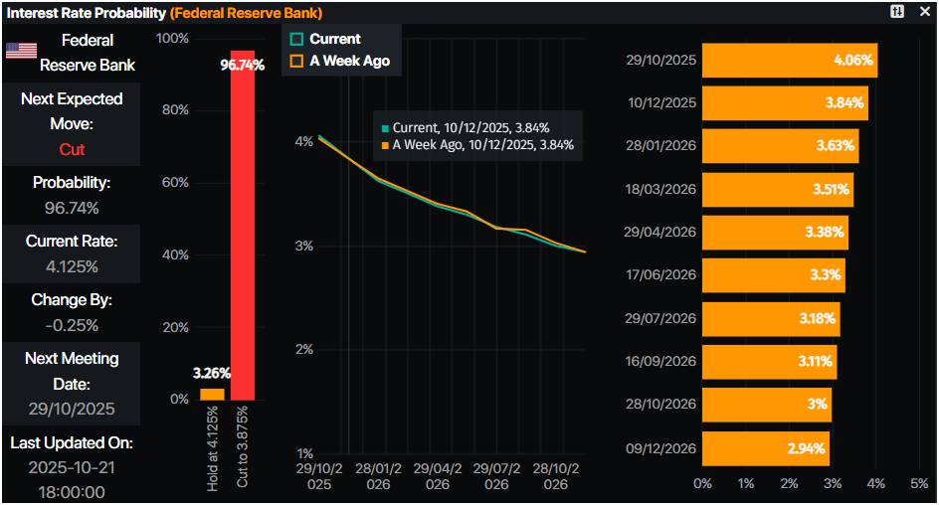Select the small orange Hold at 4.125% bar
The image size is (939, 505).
pos(212,395)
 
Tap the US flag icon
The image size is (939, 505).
pos(21,51)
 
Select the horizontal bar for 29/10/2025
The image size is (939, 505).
pos(790,60)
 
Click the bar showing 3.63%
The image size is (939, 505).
pos(780,146)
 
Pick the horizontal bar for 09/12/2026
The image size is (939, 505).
pos(765,448)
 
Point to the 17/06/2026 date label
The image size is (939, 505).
pos(661,275)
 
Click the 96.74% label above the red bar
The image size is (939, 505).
pos(243,65)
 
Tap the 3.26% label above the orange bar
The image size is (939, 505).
pos(212,374)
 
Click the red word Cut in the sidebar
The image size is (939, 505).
pos(72,149)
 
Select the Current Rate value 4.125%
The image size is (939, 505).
pos(72,266)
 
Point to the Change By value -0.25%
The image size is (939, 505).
pos(72,325)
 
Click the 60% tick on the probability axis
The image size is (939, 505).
pos(175,183)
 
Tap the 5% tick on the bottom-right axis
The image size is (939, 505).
pos(919,483)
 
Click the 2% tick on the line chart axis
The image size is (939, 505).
pos(305,350)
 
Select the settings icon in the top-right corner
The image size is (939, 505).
pos(897,12)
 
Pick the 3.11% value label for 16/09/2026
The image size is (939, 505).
pos(815,362)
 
